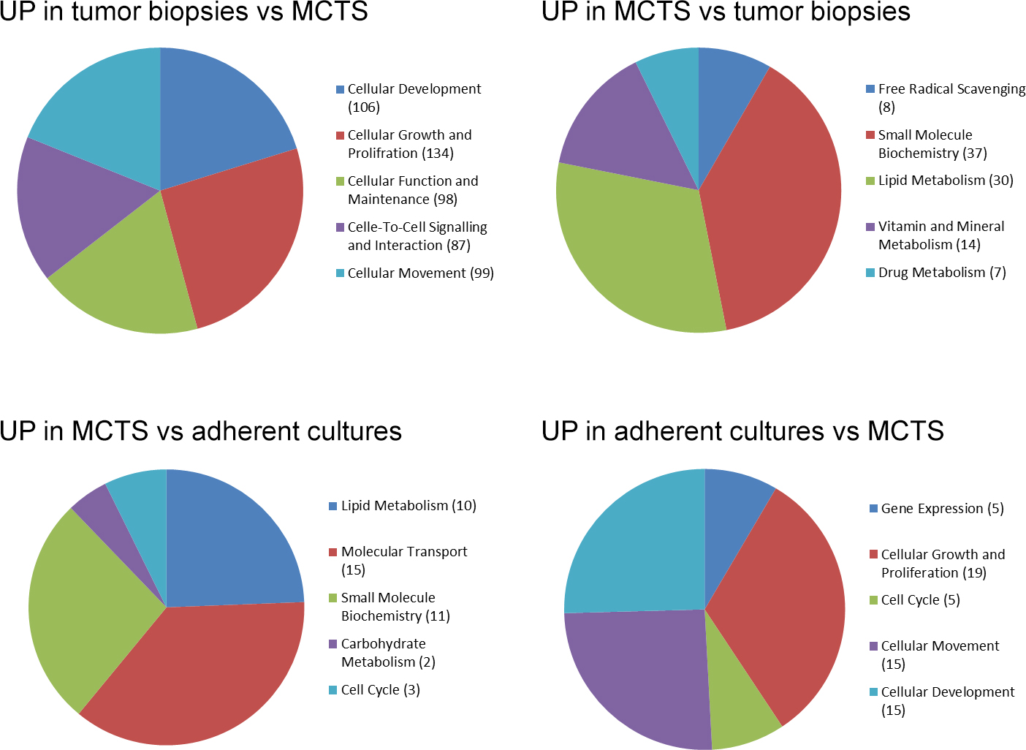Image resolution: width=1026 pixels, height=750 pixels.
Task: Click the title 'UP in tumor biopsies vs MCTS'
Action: coord(183,12)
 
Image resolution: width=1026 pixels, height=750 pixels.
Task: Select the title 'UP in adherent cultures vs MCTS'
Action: coord(742,431)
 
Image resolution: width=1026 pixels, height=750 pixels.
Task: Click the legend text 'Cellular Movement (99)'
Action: coord(421,273)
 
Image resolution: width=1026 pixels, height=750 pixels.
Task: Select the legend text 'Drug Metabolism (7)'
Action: coord(942,273)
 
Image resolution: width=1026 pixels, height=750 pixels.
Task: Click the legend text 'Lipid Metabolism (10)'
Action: coord(408,506)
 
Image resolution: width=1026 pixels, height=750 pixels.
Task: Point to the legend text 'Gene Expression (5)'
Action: coord(942,509)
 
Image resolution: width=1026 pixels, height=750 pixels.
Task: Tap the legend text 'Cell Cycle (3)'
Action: coord(380,690)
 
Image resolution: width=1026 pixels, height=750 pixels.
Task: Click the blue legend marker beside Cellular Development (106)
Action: coord(340,89)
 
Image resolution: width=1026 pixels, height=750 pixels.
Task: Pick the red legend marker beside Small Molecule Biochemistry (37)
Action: coord(870,135)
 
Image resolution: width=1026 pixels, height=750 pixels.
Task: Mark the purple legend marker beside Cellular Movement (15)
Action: coord(873,646)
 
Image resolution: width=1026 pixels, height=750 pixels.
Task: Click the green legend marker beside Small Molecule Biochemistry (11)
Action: coord(333,598)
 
